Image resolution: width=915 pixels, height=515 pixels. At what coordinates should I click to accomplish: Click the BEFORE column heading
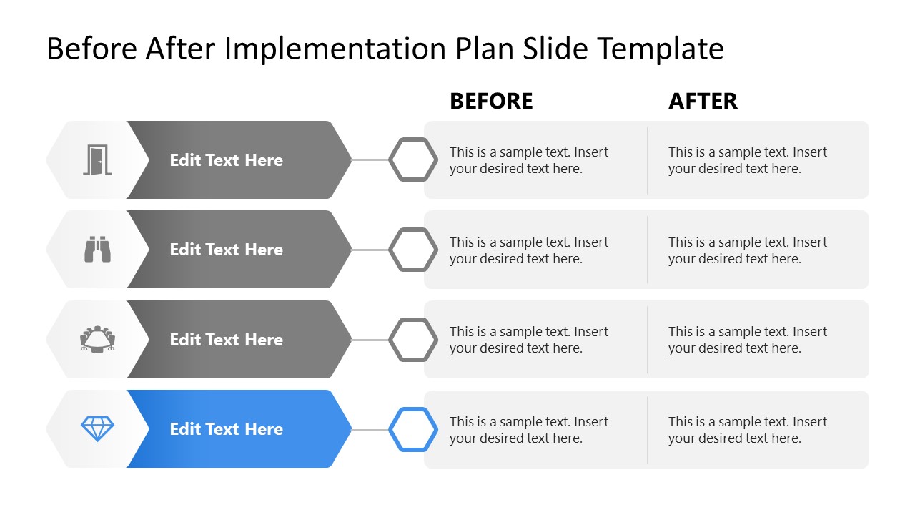point(491,102)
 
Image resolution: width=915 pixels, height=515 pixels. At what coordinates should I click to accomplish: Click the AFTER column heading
point(703,102)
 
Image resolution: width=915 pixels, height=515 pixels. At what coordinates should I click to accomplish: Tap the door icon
point(97,160)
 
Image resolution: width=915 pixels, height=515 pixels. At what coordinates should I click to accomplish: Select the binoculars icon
point(97,250)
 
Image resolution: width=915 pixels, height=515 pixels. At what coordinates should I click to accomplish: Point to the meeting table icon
point(97,339)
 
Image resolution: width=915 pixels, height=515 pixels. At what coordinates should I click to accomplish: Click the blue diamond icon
point(97,429)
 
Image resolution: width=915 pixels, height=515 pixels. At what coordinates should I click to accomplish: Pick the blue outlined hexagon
point(413,429)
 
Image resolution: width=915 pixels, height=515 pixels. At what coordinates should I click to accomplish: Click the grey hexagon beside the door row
point(413,160)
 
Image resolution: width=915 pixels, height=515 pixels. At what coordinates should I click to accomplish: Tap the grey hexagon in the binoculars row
point(413,250)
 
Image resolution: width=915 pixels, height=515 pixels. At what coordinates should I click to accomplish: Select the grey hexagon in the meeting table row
point(413,339)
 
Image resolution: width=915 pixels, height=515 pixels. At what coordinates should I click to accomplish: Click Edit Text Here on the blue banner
point(226,429)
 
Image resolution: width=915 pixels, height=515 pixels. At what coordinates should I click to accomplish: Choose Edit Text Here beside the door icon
point(226,160)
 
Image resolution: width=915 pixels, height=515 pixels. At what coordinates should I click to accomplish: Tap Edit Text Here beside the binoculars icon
point(226,250)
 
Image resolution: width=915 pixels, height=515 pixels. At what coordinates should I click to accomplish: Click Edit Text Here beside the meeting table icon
point(226,340)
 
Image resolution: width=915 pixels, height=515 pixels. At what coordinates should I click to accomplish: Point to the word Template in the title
point(661,49)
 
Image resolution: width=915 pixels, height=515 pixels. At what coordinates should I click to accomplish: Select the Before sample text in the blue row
point(528,430)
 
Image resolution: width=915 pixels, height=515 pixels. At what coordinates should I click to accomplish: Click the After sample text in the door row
point(747,160)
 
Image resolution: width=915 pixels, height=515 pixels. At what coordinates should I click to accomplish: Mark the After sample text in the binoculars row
point(747,250)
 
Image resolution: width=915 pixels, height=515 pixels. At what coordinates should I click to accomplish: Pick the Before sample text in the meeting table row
point(528,340)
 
